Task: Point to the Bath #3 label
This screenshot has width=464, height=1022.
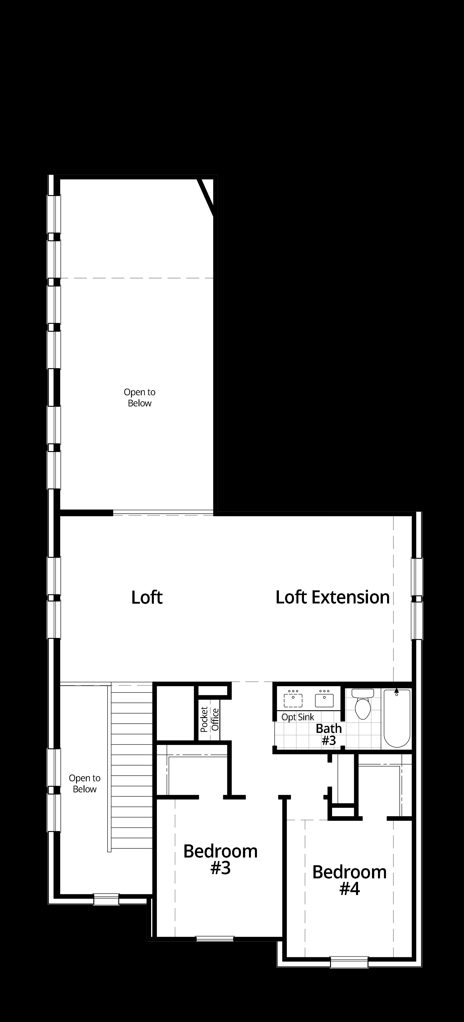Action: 329,734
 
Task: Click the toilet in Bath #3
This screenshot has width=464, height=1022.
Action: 363,705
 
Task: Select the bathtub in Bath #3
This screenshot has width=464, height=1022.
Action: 397,718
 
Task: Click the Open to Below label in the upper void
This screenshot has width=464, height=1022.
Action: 140,397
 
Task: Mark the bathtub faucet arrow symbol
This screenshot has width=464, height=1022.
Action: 397,691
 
